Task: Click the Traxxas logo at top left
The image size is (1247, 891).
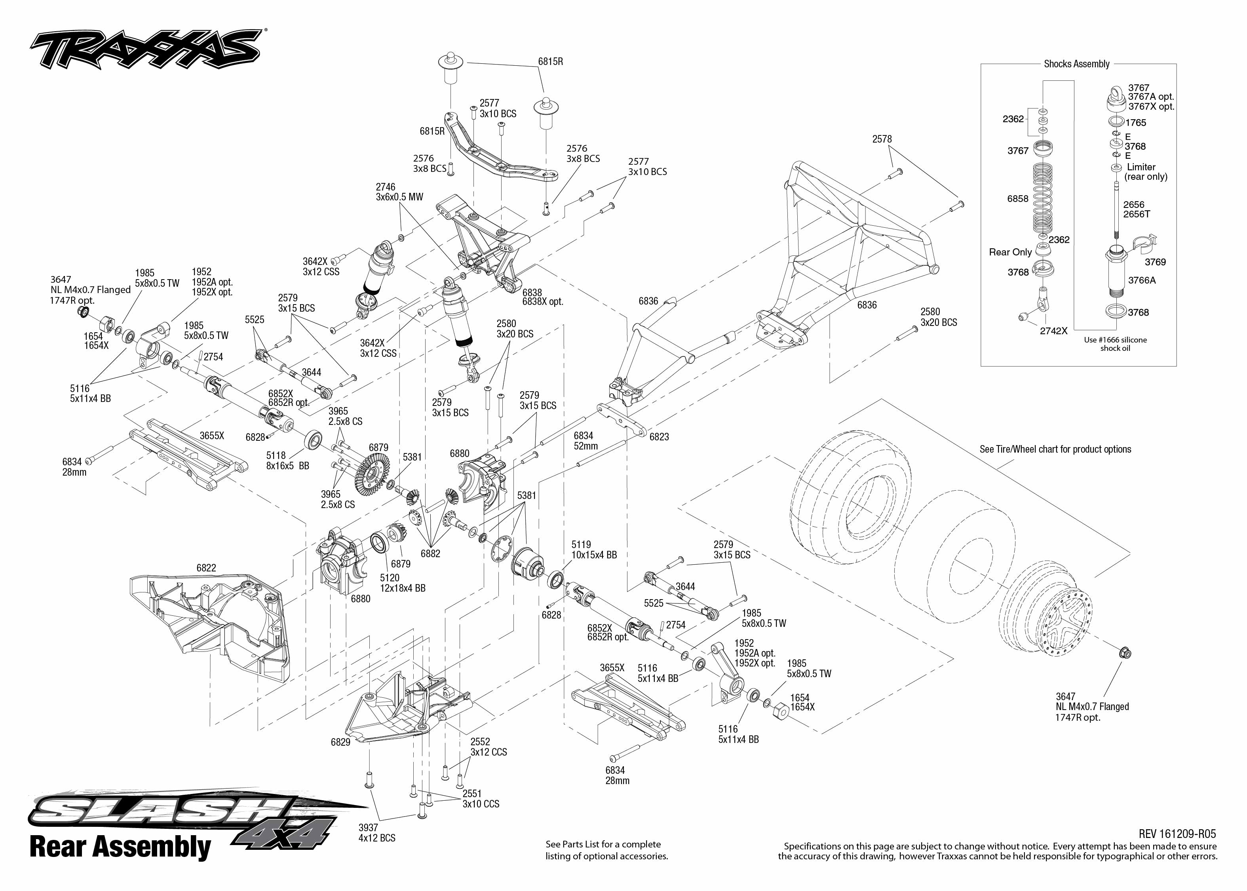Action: click(145, 49)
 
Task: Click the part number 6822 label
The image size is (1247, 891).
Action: click(206, 568)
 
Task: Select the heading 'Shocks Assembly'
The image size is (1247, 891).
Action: click(1076, 64)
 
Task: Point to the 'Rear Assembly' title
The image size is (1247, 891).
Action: click(120, 847)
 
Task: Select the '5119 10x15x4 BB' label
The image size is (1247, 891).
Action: click(593, 550)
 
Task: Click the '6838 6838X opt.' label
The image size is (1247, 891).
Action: click(542, 297)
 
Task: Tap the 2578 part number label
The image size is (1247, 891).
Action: click(882, 139)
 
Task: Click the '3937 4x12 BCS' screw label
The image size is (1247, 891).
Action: click(377, 832)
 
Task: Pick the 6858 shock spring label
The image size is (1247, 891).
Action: click(1017, 199)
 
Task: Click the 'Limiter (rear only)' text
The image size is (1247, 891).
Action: click(1146, 172)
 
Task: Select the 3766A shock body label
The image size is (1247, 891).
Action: click(1142, 280)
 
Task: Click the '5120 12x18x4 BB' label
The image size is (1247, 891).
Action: click(403, 583)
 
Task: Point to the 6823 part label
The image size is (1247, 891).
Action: click(659, 437)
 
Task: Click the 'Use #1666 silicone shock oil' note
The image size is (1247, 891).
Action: click(1115, 344)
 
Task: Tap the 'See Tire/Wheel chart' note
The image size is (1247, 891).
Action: click(1055, 449)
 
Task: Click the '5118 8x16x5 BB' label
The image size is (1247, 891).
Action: click(287, 460)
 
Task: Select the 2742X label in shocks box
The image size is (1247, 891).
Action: click(1053, 331)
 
